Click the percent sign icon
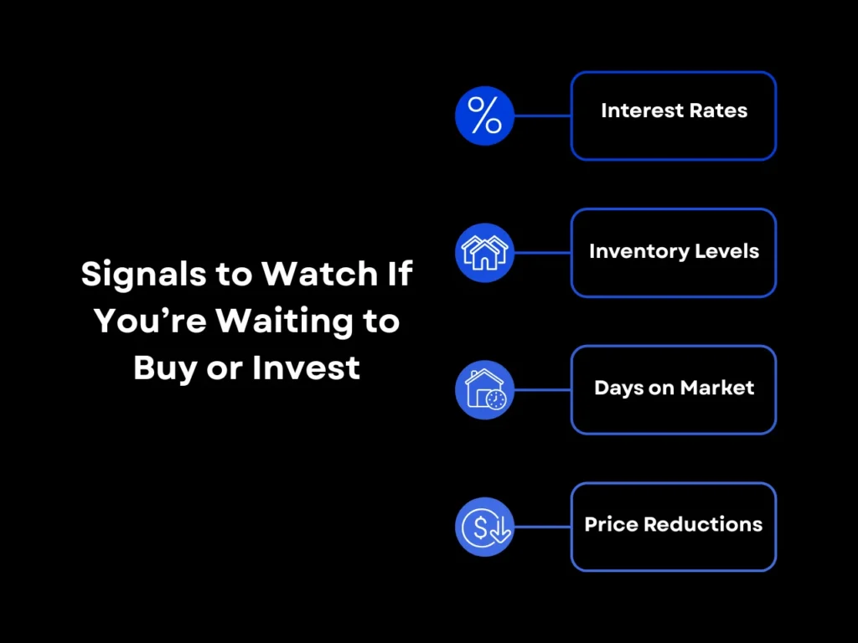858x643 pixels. coord(484,116)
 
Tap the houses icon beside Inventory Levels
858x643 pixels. coord(484,252)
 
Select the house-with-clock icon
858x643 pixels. coord(484,389)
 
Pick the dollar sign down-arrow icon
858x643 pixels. coord(484,527)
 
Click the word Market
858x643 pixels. coord(717,388)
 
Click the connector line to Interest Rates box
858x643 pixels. coord(542,116)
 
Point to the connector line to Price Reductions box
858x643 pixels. coord(542,527)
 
